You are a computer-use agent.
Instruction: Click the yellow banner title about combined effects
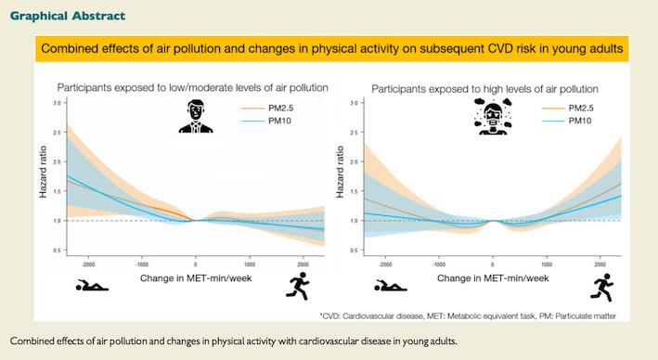[329, 48]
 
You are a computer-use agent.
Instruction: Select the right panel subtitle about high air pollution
[484, 89]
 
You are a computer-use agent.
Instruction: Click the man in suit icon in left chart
[196, 118]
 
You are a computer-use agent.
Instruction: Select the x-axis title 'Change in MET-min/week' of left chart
[195, 277]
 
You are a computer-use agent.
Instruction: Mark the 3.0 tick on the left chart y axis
[57, 103]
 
